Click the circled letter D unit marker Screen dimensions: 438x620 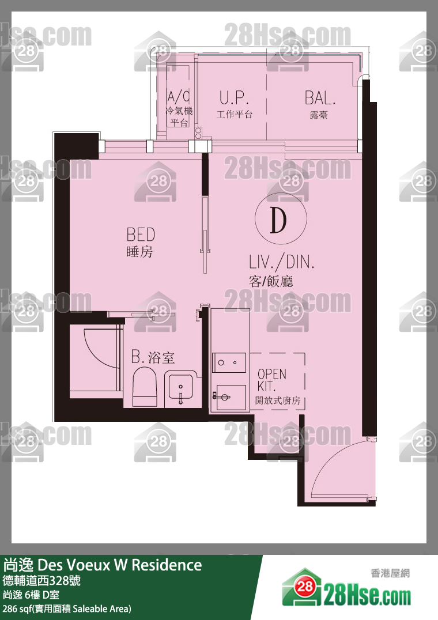point(281,218)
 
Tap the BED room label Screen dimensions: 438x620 point(141,235)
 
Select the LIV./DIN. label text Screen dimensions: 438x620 point(281,262)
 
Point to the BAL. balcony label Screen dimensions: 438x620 point(320,98)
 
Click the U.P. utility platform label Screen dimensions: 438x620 point(234,97)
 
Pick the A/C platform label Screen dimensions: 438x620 point(178,96)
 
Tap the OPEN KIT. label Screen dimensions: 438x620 point(272,380)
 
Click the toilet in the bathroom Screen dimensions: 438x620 point(145,387)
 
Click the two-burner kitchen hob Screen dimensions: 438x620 point(229,362)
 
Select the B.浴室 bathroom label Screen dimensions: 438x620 point(153,357)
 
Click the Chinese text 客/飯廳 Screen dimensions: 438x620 point(271,281)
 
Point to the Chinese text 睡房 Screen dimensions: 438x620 point(139,252)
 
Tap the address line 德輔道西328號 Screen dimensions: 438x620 point(41,580)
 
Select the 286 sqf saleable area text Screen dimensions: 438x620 point(67,609)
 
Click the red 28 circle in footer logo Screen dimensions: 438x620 point(305,587)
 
